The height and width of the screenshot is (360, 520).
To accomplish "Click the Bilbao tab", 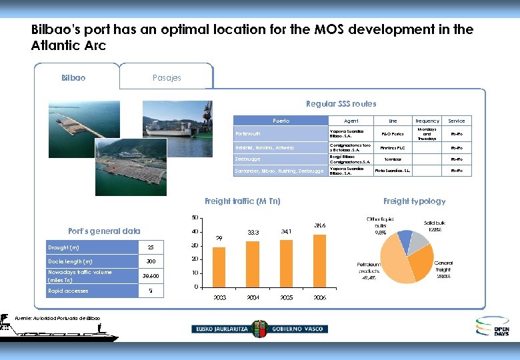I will (73, 77).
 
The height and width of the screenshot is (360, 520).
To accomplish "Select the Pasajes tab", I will (166, 77).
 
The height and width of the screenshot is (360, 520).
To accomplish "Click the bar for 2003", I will (219, 267).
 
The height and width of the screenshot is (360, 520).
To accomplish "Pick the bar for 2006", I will (319, 261).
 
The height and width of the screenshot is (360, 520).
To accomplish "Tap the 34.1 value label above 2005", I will (287, 232).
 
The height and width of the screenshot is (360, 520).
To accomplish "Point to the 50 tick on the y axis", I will (194, 217).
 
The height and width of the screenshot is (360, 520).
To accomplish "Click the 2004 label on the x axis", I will (253, 297).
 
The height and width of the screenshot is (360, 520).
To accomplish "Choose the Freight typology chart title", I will (414, 201).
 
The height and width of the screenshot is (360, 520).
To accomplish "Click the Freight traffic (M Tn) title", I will (243, 201).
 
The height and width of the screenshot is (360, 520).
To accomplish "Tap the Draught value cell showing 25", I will (151, 247).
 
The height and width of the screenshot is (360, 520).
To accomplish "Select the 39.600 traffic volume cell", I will (151, 276).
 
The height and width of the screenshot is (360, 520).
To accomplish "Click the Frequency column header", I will (427, 121).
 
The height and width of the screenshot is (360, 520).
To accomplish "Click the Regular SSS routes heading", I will (341, 103).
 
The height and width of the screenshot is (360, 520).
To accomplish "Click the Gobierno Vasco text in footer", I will (296, 329).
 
